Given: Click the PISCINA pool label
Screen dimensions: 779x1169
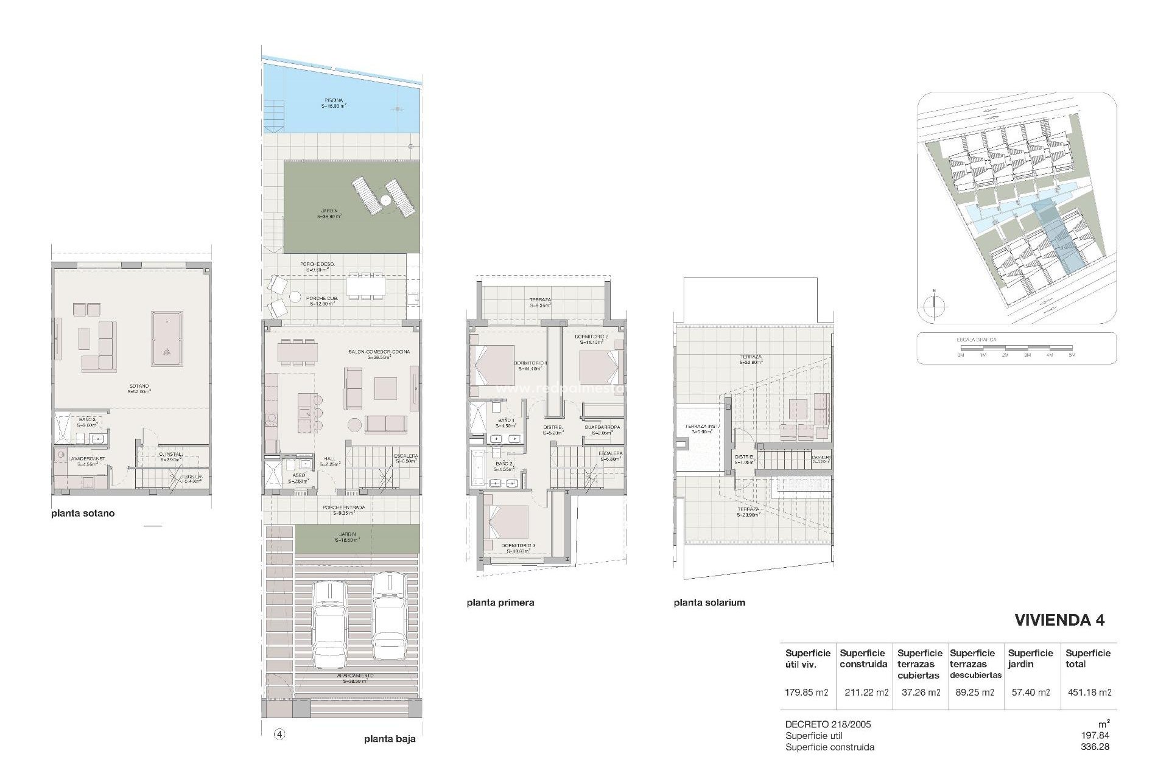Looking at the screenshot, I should (334, 100).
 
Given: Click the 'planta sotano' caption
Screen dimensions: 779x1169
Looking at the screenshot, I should (83, 513).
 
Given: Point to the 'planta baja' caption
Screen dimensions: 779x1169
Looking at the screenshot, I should (390, 739).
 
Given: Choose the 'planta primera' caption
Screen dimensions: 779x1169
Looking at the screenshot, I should (500, 603).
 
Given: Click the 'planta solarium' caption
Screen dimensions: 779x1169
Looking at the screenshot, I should (709, 603).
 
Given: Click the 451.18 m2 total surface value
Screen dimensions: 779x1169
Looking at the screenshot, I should (1090, 692).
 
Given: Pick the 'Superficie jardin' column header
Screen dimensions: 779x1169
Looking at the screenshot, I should (1030, 658).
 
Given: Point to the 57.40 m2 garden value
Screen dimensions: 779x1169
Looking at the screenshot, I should (1030, 692).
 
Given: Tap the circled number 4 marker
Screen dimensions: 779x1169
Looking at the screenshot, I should (279, 735).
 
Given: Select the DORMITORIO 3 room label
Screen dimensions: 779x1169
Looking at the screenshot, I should (519, 545).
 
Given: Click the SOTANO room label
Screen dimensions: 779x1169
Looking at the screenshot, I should (139, 386).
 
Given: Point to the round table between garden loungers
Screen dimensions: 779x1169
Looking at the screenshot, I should (385, 200).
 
